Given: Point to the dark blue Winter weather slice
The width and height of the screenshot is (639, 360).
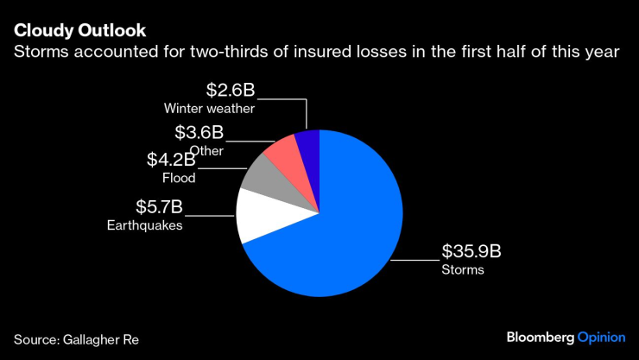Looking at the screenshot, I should tap(308, 145).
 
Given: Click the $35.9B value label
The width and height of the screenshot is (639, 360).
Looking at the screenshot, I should tap(471, 252).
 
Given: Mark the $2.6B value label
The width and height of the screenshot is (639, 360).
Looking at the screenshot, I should tap(231, 91).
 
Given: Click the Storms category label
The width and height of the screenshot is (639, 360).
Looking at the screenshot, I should tap(463, 270).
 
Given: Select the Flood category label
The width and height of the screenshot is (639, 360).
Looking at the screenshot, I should tap(179, 179).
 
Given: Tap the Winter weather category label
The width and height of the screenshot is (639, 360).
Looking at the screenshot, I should tap(209, 109).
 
